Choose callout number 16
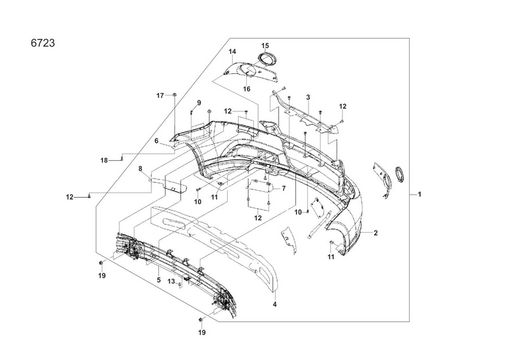pos(246,89)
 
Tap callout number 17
pos(161,95)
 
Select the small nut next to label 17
pos(174,95)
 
